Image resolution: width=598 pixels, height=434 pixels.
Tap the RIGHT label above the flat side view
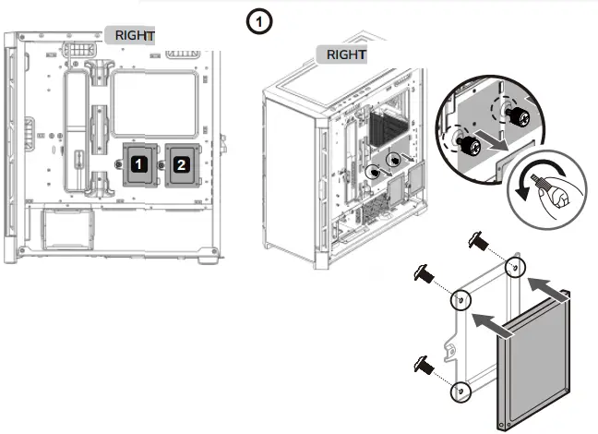(x=135, y=35)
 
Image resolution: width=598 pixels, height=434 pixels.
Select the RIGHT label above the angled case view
(x=346, y=54)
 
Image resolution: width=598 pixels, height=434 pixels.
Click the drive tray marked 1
(x=138, y=163)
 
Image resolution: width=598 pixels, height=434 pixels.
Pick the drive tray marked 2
(x=181, y=163)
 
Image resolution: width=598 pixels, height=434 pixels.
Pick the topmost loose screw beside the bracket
(x=478, y=241)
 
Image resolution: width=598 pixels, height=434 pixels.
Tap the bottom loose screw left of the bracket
(x=426, y=363)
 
